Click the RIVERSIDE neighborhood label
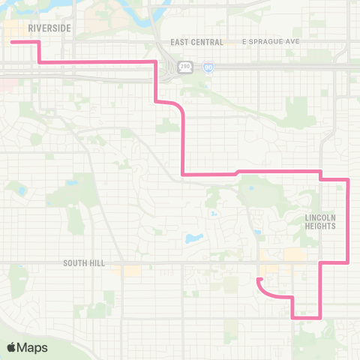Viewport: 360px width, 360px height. pyautogui.click(x=49, y=28)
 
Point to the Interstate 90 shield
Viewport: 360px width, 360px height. pyautogui.click(x=208, y=67)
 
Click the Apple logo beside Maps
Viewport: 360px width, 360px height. pyautogui.click(x=12, y=347)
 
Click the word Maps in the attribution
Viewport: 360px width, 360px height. pyautogui.click(x=34, y=347)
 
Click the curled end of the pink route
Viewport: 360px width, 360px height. pyautogui.click(x=259, y=280)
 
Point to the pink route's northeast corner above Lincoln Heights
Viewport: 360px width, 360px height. pyautogui.click(x=349, y=179)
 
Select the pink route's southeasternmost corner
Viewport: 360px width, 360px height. pyautogui.click(x=321, y=317)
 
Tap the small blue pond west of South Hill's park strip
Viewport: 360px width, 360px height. pyautogui.click(x=72, y=183)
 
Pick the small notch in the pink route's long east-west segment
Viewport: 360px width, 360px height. pyautogui.click(x=237, y=172)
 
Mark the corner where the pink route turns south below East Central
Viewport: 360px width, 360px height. pyautogui.click(x=155, y=61)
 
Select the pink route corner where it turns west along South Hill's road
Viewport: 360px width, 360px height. pyautogui.click(x=349, y=262)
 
